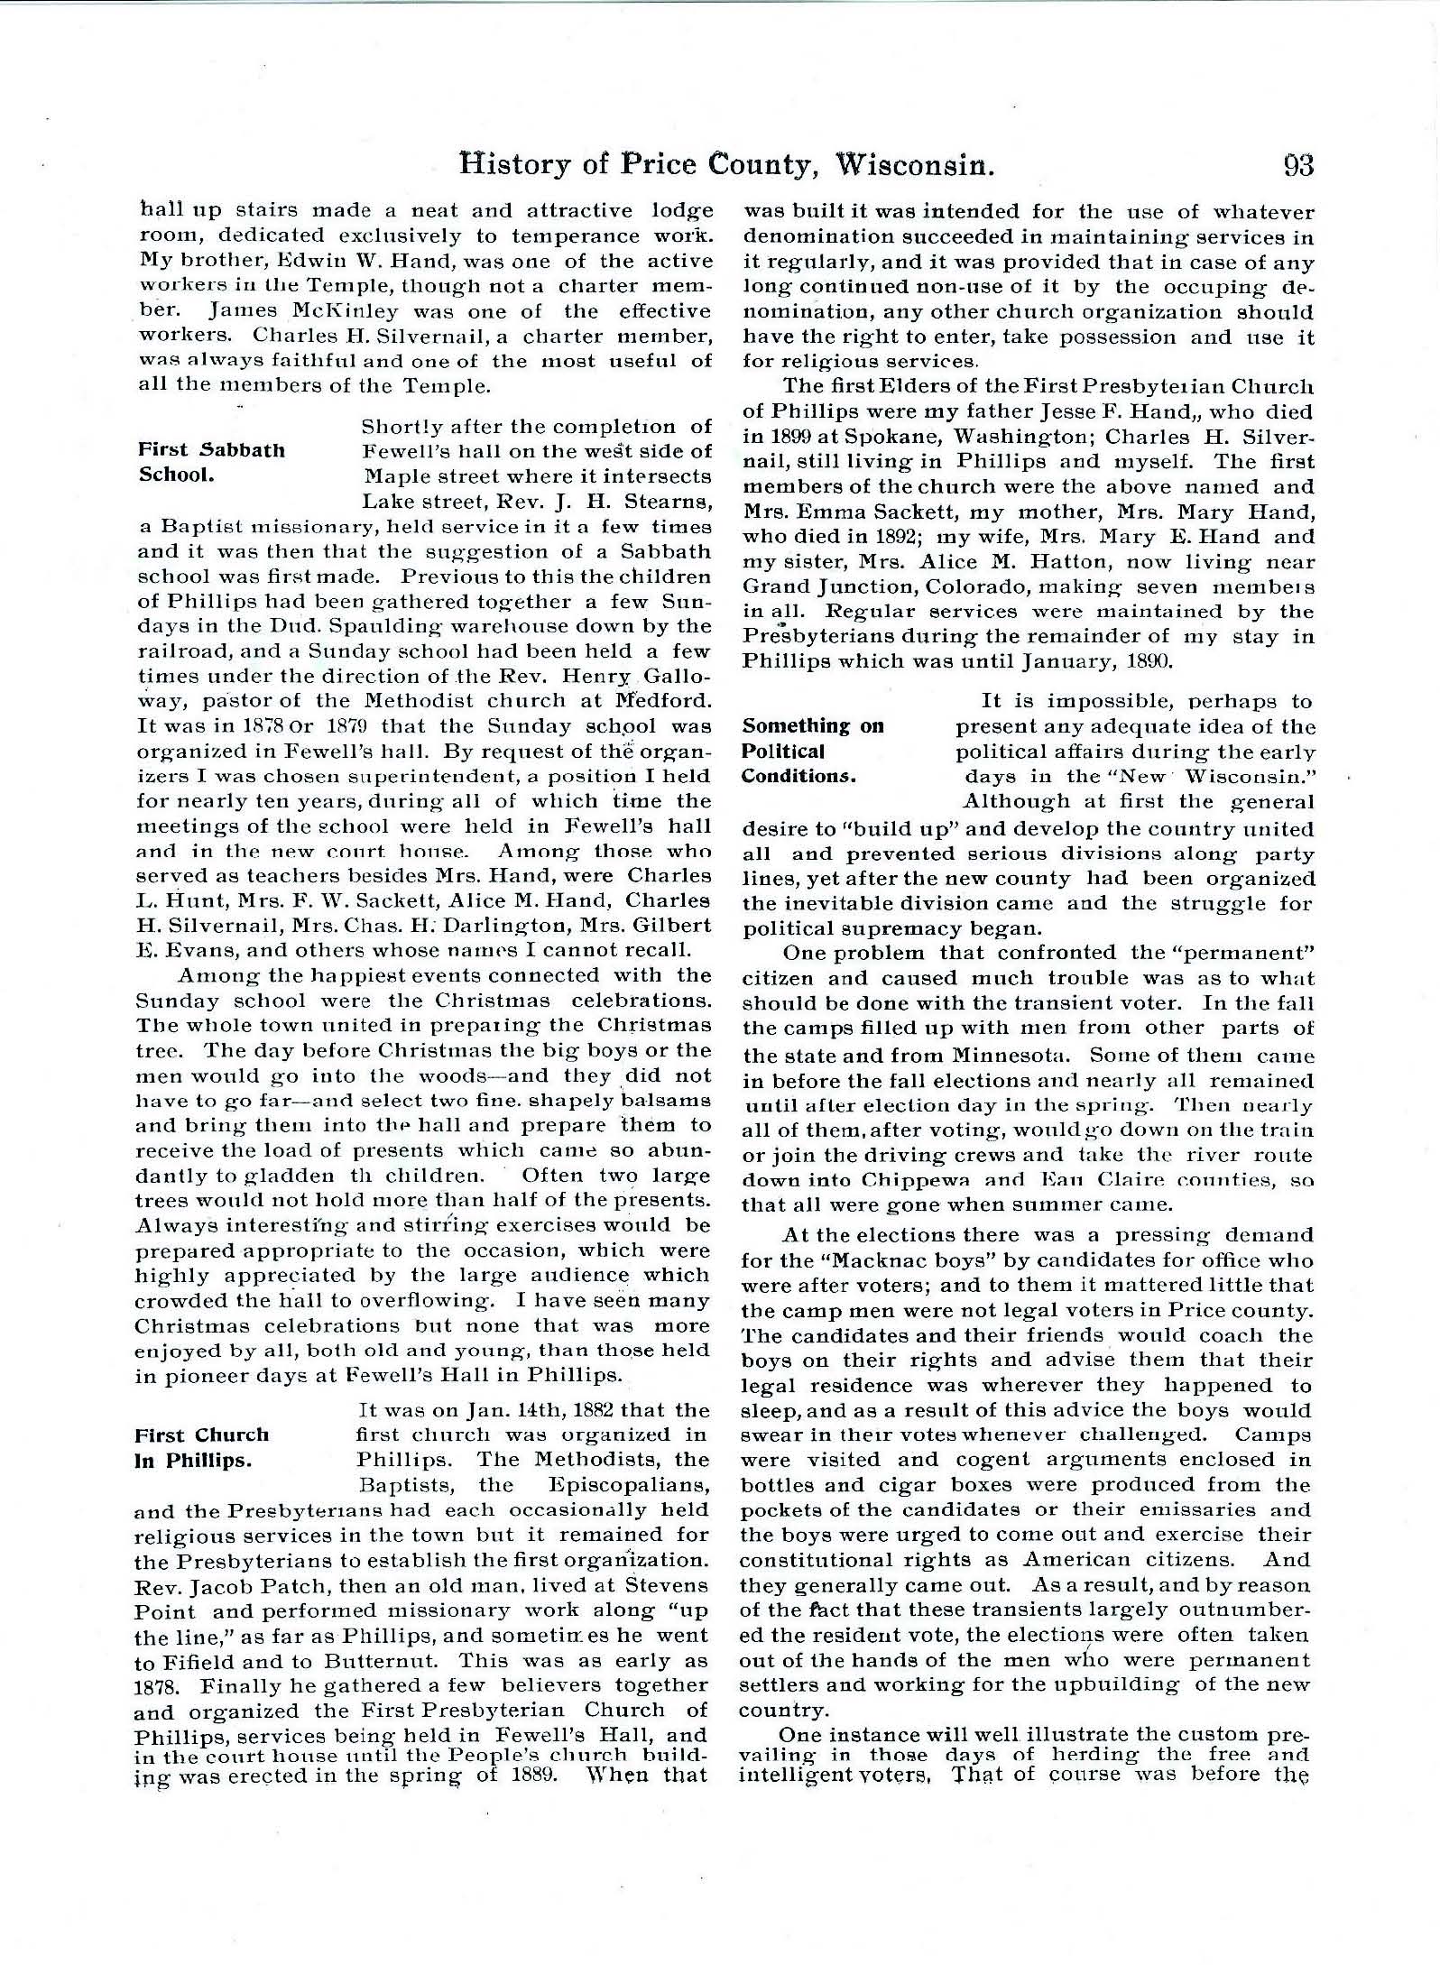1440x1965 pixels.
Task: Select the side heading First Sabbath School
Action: pyautogui.click(x=211, y=462)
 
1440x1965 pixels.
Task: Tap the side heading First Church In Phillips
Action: pyautogui.click(x=202, y=1447)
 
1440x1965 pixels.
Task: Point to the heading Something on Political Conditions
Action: pyautogui.click(x=812, y=751)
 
